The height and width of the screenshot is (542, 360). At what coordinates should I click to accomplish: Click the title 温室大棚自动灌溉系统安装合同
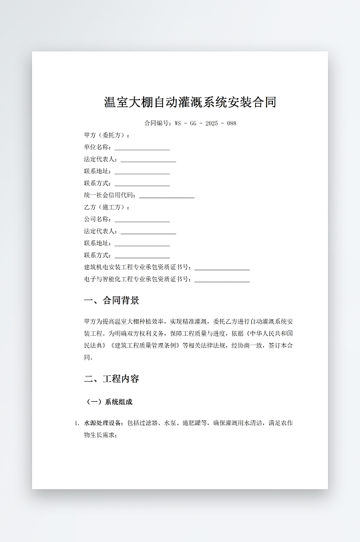(190, 102)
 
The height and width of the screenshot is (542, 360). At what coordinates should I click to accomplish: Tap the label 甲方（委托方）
(107, 135)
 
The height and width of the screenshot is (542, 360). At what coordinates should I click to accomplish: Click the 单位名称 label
(98, 147)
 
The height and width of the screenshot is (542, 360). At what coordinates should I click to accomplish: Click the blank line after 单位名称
(142, 148)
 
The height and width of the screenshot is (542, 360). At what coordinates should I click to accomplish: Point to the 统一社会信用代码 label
(110, 195)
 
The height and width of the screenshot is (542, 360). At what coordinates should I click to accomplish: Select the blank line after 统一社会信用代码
(166, 196)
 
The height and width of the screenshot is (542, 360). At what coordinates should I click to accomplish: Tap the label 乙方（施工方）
(107, 207)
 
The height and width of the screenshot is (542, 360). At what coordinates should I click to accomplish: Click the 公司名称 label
(98, 219)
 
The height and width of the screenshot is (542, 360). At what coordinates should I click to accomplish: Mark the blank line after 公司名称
(142, 220)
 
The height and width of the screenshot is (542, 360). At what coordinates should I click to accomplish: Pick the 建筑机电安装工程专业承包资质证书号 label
(137, 267)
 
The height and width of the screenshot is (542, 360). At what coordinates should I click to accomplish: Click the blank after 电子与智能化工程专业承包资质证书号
(222, 280)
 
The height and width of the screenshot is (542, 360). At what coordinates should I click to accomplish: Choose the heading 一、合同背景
(112, 300)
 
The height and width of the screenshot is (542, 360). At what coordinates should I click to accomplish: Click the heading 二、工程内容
(112, 379)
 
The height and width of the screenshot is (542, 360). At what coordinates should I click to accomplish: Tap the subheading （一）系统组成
(110, 402)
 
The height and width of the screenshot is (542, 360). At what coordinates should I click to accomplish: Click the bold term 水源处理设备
(103, 423)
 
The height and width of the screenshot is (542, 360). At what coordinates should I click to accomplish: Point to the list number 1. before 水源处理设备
(76, 423)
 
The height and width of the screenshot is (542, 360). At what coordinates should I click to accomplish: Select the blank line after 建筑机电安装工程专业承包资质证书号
(222, 268)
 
